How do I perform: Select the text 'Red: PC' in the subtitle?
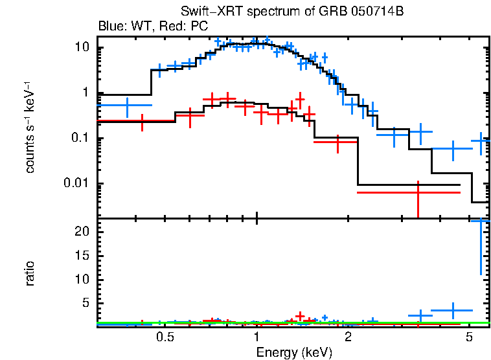point(188,27)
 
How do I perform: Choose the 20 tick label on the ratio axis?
point(82,231)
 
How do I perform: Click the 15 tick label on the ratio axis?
point(82,255)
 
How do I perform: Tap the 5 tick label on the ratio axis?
point(85,303)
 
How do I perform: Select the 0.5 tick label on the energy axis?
point(165,337)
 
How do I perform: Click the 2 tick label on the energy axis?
point(348,337)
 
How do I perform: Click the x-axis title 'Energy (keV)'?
point(294,352)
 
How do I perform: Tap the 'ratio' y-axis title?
point(30,273)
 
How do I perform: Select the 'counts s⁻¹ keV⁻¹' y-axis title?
point(30,127)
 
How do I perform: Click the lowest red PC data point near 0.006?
point(418,193)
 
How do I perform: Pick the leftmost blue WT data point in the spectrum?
point(127,105)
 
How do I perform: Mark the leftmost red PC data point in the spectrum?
point(142,121)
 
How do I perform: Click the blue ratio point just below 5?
point(452,310)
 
